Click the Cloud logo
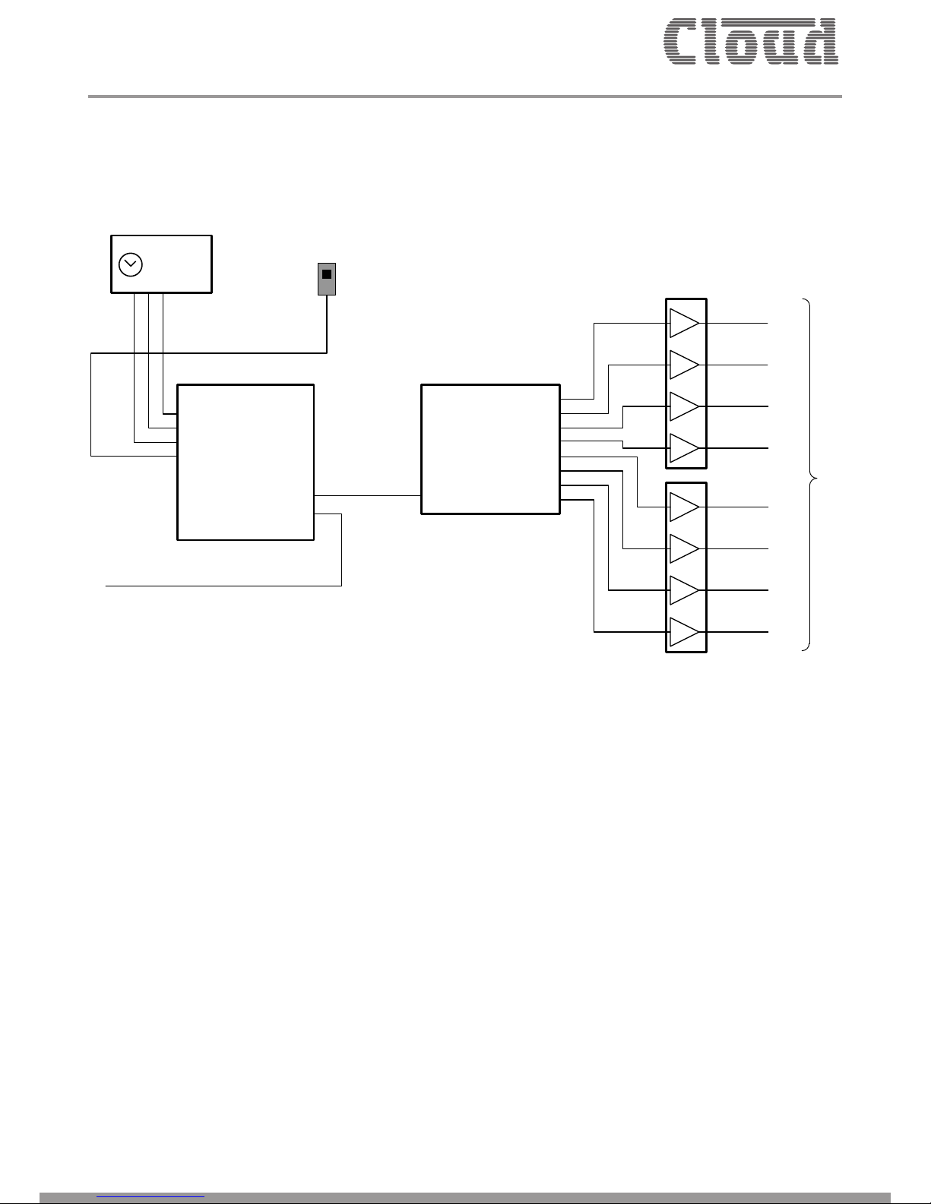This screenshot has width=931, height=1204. pos(751,41)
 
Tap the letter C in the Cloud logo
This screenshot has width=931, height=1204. pos(683,41)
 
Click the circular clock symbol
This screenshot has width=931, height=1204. pos(131,264)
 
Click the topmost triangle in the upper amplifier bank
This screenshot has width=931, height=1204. pos(683,323)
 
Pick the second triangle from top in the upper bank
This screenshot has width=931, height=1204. pos(683,365)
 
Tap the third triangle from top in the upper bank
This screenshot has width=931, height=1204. pos(683,406)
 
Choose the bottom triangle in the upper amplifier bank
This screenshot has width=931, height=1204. pos(683,448)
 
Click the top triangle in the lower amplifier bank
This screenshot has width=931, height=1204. pos(683,507)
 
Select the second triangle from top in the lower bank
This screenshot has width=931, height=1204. pos(683,548)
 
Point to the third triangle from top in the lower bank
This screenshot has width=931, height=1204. pos(683,590)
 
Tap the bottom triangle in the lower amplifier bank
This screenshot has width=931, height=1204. pos(683,632)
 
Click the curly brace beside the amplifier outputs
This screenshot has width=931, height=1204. pos(811,476)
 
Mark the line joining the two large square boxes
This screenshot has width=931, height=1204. pos(368,495)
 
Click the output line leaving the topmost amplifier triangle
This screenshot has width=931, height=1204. pos(737,323)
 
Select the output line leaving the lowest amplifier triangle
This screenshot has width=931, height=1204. pos(737,632)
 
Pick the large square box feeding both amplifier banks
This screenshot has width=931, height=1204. pos(490,449)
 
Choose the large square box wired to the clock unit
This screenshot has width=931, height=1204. pos(245,462)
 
